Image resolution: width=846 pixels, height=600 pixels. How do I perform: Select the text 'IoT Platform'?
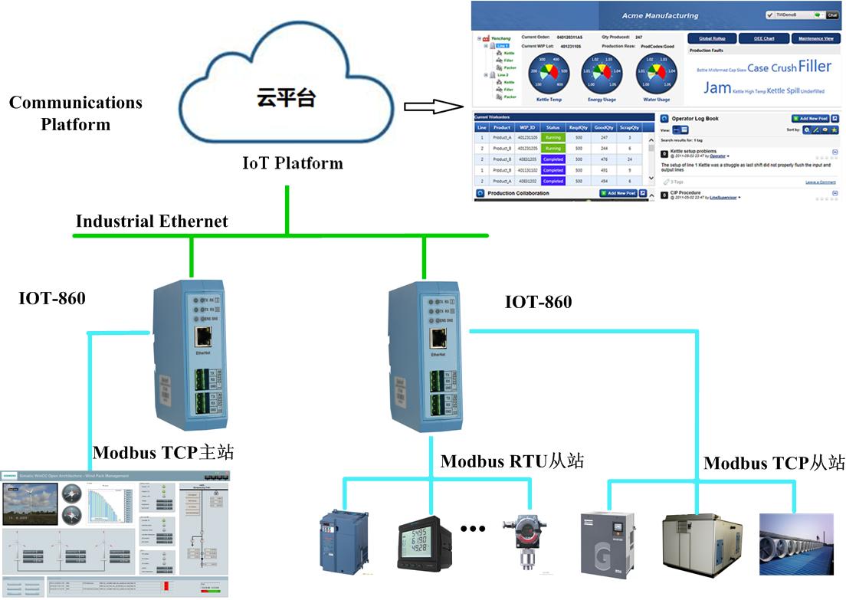pyautogui.click(x=293, y=163)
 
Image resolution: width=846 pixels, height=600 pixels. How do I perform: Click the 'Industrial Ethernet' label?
pyautogui.click(x=152, y=221)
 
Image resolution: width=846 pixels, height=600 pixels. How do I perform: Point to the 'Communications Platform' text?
pyautogui.click(x=76, y=113)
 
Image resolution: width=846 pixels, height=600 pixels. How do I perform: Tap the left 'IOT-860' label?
pyautogui.click(x=52, y=298)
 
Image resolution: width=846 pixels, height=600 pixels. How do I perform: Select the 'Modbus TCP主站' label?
pyautogui.click(x=163, y=453)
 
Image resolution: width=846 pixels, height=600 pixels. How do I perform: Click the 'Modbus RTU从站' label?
pyautogui.click(x=512, y=461)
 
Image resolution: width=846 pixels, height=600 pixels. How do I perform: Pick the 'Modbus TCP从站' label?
pyautogui.click(x=774, y=463)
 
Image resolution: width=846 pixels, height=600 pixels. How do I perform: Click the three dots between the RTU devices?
pyautogui.click(x=474, y=529)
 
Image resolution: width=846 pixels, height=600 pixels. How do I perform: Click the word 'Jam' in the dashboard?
pyautogui.click(x=716, y=88)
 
